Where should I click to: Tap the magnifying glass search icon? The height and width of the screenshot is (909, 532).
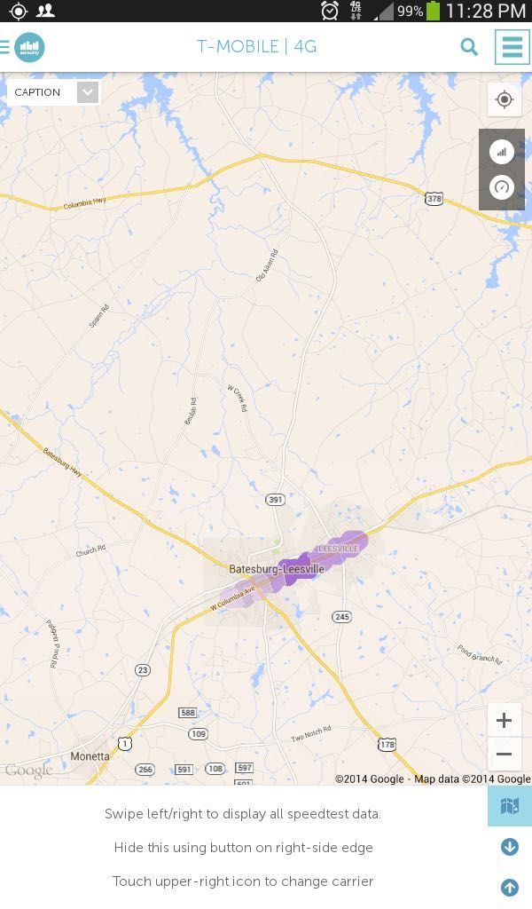tap(469, 47)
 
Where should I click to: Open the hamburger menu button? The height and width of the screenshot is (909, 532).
tap(512, 47)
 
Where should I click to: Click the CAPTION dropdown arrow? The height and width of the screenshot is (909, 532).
tap(87, 92)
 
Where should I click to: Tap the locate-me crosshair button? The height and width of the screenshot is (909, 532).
tap(505, 99)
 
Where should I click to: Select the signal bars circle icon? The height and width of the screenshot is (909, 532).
tap(502, 151)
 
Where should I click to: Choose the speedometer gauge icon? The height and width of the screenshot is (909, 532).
tap(502, 187)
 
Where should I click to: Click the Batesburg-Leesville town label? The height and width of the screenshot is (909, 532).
tap(276, 568)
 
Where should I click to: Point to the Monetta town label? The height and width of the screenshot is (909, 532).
tap(90, 756)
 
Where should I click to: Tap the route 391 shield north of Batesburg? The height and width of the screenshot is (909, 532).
tap(276, 500)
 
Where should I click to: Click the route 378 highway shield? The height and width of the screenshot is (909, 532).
tap(434, 199)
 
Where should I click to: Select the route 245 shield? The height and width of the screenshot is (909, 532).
tap(342, 616)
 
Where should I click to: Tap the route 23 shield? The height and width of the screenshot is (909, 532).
tap(143, 669)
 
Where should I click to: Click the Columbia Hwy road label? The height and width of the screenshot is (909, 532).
tap(84, 202)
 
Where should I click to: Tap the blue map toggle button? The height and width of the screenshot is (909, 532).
tap(509, 806)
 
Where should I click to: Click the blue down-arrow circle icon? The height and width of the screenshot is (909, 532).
tap(510, 847)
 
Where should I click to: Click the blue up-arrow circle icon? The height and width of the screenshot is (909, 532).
tap(510, 887)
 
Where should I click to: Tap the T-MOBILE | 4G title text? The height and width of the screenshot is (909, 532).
tap(257, 47)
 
